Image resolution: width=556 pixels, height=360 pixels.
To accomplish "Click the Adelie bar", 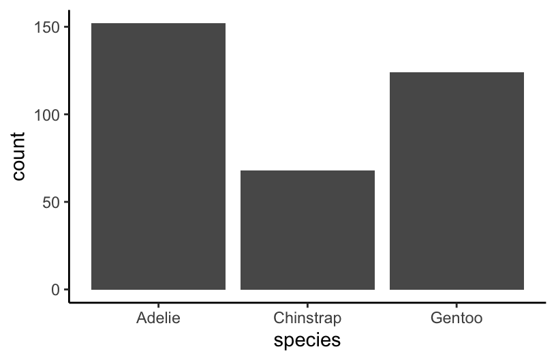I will tap(158, 156).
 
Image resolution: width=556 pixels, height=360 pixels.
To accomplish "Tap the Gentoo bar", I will tap(457, 181).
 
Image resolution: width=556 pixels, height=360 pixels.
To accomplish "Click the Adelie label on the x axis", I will tap(158, 318).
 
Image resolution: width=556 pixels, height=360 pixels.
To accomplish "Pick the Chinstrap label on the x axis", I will tap(307, 318).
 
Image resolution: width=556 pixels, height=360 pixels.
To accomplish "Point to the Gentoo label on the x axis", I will tap(457, 318).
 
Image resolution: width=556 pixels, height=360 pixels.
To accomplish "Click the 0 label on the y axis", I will tap(55, 290).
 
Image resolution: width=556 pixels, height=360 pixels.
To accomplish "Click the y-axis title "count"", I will tap(18, 156).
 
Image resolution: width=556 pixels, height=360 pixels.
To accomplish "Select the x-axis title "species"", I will tap(307, 340).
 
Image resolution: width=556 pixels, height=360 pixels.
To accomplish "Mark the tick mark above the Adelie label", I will tap(158, 306).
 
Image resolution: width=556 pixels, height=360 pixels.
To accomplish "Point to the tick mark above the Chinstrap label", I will tap(307, 306).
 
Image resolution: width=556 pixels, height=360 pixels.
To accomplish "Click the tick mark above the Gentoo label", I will tap(457, 306).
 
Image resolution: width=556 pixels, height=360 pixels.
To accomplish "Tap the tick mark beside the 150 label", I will tap(66, 27).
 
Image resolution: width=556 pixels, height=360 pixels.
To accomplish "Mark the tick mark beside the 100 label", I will tap(66, 115).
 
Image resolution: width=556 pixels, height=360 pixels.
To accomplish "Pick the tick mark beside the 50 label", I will tap(66, 202).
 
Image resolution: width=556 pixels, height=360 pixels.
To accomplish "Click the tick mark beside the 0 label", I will tap(66, 290).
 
